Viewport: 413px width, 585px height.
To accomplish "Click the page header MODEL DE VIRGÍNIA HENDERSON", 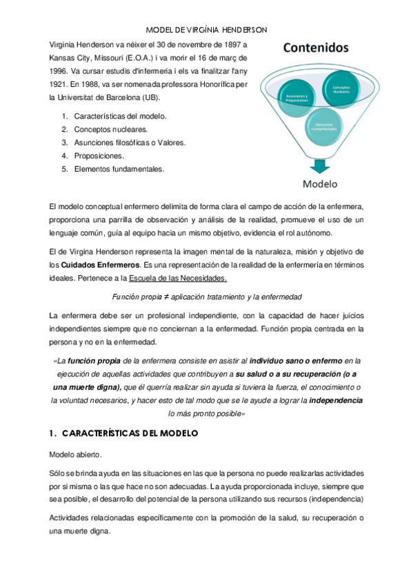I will point(207,30).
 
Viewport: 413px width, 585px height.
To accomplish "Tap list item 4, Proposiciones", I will point(99,155).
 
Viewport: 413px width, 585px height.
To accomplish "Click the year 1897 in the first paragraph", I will point(224,44).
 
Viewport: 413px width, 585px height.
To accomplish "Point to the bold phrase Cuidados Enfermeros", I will point(99,266).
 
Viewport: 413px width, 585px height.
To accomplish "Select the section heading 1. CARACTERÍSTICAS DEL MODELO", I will point(124,433).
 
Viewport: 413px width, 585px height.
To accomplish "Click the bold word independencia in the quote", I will point(334,400).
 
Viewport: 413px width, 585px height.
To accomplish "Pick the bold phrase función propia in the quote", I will point(94,360).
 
